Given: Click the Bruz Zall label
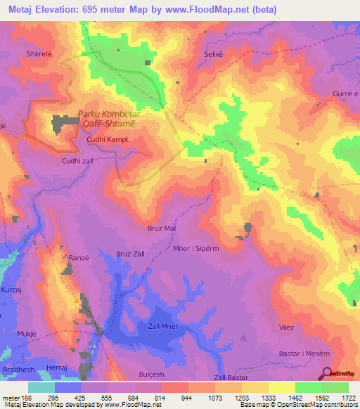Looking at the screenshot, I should pos(130,253).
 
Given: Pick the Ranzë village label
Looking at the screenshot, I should pos(78,258).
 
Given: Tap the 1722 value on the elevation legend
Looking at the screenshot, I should pos(346,398).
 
